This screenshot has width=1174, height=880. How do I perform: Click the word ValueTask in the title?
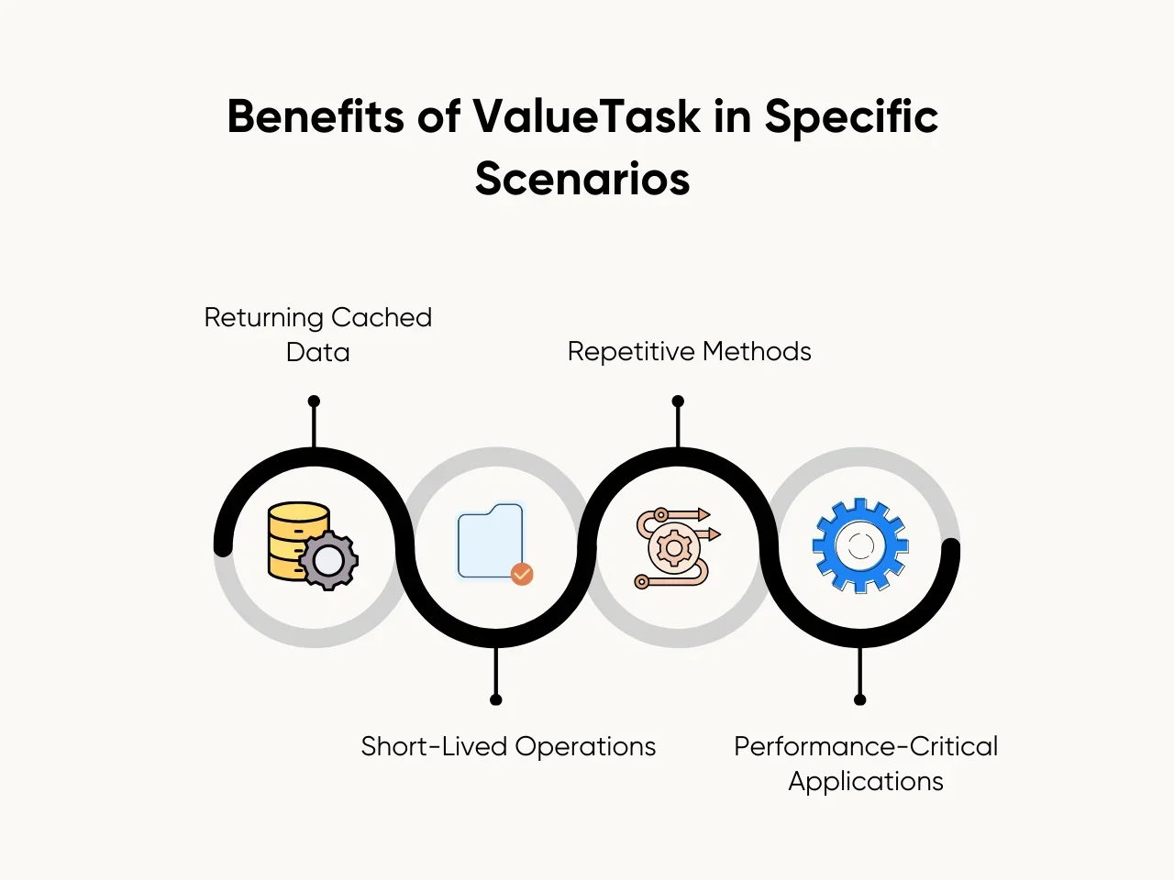pos(586,117)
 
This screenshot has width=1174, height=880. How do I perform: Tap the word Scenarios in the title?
pos(582,178)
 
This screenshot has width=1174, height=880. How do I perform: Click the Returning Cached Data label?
pos(317,335)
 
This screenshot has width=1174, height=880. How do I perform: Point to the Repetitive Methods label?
pos(689,351)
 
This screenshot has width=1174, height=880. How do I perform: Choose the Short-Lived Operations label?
pos(508,746)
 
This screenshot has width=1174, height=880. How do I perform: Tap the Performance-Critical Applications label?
pos(866,764)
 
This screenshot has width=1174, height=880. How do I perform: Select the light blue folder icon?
pos(490,541)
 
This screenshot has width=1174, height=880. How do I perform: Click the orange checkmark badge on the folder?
pos(522,574)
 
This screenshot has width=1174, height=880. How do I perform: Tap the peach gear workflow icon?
pos(676,547)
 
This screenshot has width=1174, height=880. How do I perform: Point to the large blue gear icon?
pos(859,545)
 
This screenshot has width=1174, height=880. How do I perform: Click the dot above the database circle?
pos(314,401)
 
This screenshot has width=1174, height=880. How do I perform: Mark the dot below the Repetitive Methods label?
pos(678,401)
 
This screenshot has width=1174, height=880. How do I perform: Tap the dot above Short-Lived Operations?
pos(496,699)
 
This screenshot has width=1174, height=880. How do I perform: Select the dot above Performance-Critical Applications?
pos(859,699)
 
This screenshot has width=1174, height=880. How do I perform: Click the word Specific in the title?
pos(851,117)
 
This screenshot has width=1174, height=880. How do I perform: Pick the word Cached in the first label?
pos(382,317)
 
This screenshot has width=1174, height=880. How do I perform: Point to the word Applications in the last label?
pos(866,781)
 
